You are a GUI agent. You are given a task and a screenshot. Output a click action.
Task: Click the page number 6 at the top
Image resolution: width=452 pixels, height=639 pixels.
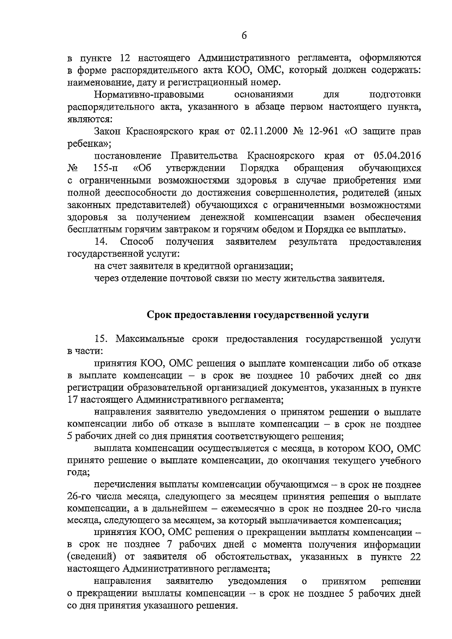click(244, 36)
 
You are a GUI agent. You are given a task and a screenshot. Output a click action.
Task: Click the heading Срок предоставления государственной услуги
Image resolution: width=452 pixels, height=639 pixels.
click(257, 315)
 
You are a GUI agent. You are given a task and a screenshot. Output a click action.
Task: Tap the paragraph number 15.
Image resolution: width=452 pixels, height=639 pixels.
click(102, 339)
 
